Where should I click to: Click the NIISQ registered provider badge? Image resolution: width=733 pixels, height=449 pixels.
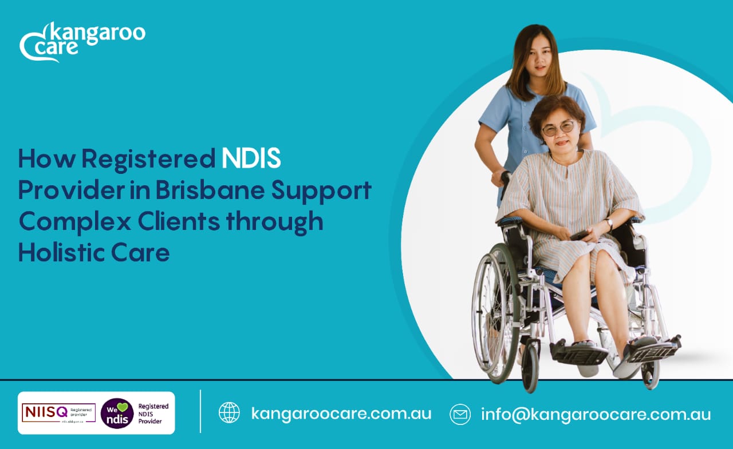click(58, 412)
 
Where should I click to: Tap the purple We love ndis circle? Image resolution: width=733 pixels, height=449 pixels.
click(117, 414)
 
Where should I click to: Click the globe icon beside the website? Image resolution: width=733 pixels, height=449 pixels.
click(230, 412)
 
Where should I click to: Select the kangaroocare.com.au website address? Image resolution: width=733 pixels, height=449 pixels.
click(341, 413)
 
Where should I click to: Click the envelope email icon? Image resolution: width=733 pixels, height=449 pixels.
click(460, 414)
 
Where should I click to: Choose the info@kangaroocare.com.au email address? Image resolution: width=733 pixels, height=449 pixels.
click(596, 414)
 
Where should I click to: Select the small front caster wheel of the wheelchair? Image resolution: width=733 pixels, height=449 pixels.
click(530, 371)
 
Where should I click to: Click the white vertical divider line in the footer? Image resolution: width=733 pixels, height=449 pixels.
click(200, 411)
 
